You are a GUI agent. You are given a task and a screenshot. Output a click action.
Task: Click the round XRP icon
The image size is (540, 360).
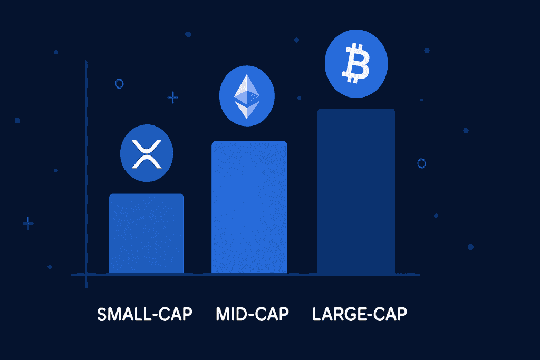pyautogui.click(x=147, y=153)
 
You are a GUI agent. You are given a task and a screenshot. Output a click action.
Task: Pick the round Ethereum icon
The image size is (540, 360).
pyautogui.click(x=246, y=96)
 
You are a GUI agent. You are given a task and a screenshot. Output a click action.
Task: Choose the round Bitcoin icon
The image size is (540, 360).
pyautogui.click(x=356, y=62)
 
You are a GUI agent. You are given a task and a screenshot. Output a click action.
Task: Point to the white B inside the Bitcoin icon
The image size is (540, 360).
pyautogui.click(x=356, y=63)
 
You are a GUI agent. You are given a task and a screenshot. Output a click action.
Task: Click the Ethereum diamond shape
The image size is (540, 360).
pyautogui.click(x=246, y=96)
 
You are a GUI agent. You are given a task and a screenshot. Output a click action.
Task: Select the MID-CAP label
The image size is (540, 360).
pyautogui.click(x=253, y=315)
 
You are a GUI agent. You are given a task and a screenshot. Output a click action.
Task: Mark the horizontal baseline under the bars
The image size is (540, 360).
pyautogui.click(x=248, y=274)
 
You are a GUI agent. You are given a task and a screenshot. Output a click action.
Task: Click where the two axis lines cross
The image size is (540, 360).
pyautogui.click(x=86, y=274)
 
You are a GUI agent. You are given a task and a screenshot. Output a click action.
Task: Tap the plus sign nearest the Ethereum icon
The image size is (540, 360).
pyautogui.click(x=172, y=97)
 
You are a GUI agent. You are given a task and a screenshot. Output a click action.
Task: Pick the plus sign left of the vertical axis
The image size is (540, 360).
pyautogui.click(x=28, y=223)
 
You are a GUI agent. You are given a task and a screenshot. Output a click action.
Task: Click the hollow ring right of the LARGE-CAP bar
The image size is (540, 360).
pyautogui.click(x=421, y=163)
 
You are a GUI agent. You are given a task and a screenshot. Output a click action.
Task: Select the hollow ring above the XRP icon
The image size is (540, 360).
pyautogui.click(x=119, y=83)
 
